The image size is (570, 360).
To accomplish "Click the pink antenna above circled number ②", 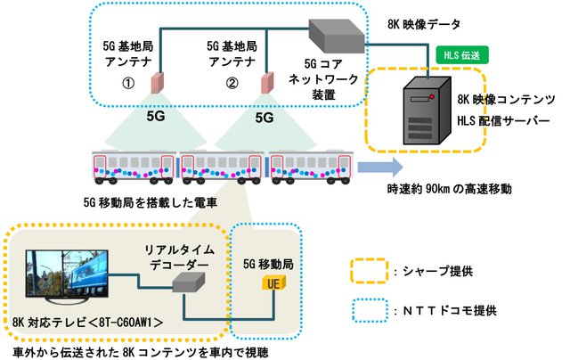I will pos(265,83).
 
